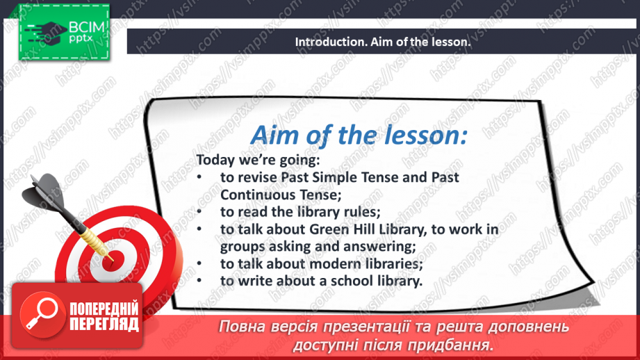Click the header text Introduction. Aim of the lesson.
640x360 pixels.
pyautogui.click(x=383, y=42)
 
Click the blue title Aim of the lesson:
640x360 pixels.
pyautogui.click(x=358, y=134)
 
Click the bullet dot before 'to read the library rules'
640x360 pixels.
pyautogui.click(x=199, y=211)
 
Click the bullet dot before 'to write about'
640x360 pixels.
pyautogui.click(x=199, y=281)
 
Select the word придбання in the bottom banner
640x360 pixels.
pyautogui.click(x=459, y=345)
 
